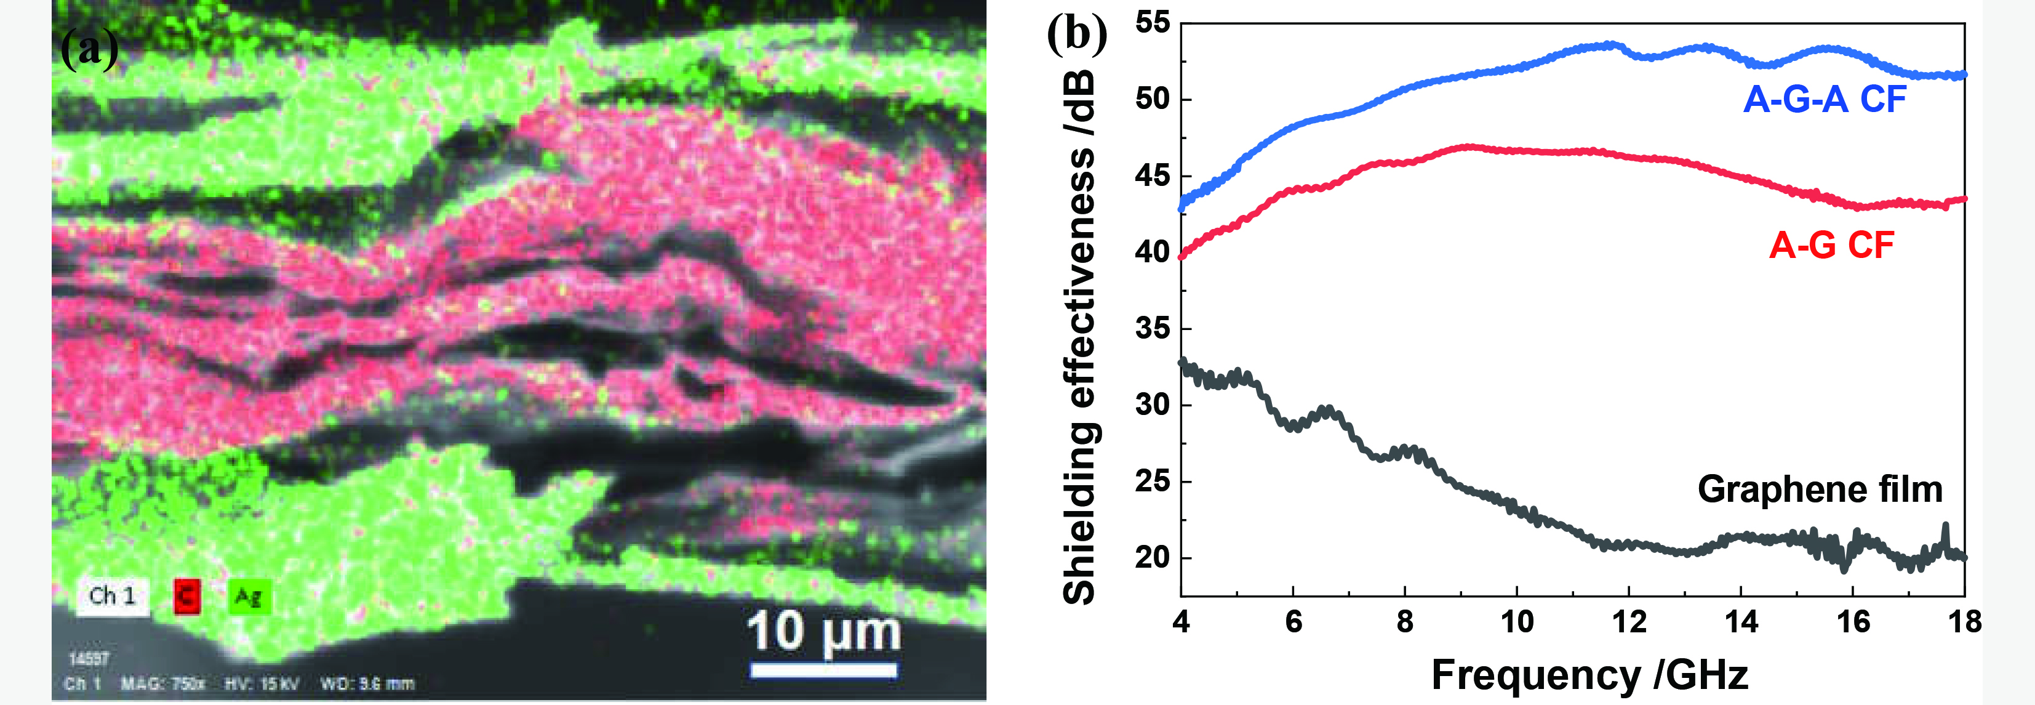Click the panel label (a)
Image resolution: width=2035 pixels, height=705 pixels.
click(89, 49)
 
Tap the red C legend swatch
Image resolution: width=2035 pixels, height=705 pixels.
click(186, 596)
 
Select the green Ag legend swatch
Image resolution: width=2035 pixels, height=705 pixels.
click(250, 596)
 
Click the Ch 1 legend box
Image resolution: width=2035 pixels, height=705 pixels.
click(112, 595)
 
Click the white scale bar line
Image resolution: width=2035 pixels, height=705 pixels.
click(823, 671)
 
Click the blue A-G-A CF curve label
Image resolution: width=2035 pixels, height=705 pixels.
click(1825, 100)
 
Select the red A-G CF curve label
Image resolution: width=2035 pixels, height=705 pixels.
click(1831, 245)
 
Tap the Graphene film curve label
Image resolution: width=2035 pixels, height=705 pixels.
click(1820, 489)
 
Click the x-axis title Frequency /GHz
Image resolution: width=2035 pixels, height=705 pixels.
click(1589, 676)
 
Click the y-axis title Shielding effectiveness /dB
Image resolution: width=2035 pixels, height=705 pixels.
click(1079, 337)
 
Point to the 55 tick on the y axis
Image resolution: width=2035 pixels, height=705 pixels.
click(1153, 22)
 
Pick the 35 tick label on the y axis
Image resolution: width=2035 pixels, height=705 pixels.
click(1153, 328)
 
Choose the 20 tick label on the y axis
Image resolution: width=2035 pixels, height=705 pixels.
click(1153, 557)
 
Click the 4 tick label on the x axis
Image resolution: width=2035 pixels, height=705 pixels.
click(1181, 622)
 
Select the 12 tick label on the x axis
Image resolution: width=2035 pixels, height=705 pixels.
click(1629, 622)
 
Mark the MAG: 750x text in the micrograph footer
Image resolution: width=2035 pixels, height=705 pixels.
click(162, 683)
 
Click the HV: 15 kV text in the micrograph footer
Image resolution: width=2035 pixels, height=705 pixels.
click(262, 683)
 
